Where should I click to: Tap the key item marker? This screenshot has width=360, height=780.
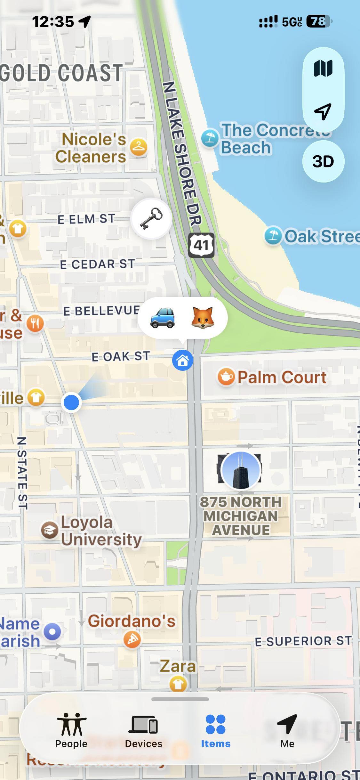point(151,218)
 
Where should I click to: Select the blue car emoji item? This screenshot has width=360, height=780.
point(163,318)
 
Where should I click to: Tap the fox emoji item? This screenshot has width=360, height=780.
point(202,318)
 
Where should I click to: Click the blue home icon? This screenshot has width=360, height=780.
point(183,361)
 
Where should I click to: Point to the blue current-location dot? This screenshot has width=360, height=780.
point(71,402)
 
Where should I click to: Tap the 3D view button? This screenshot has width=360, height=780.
point(323,161)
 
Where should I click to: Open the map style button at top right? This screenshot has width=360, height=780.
point(323,69)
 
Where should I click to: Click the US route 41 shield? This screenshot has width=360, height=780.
point(201,245)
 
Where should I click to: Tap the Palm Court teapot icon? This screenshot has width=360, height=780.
point(226,377)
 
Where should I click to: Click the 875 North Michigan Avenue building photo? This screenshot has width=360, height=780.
point(241,470)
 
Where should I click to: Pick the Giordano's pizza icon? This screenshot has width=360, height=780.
point(132,640)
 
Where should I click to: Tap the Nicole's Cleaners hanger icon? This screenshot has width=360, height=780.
point(139,147)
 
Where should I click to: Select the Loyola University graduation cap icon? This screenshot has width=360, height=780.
point(50,530)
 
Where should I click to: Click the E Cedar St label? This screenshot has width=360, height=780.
point(97,264)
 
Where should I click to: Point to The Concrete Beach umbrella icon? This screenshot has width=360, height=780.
point(210,138)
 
